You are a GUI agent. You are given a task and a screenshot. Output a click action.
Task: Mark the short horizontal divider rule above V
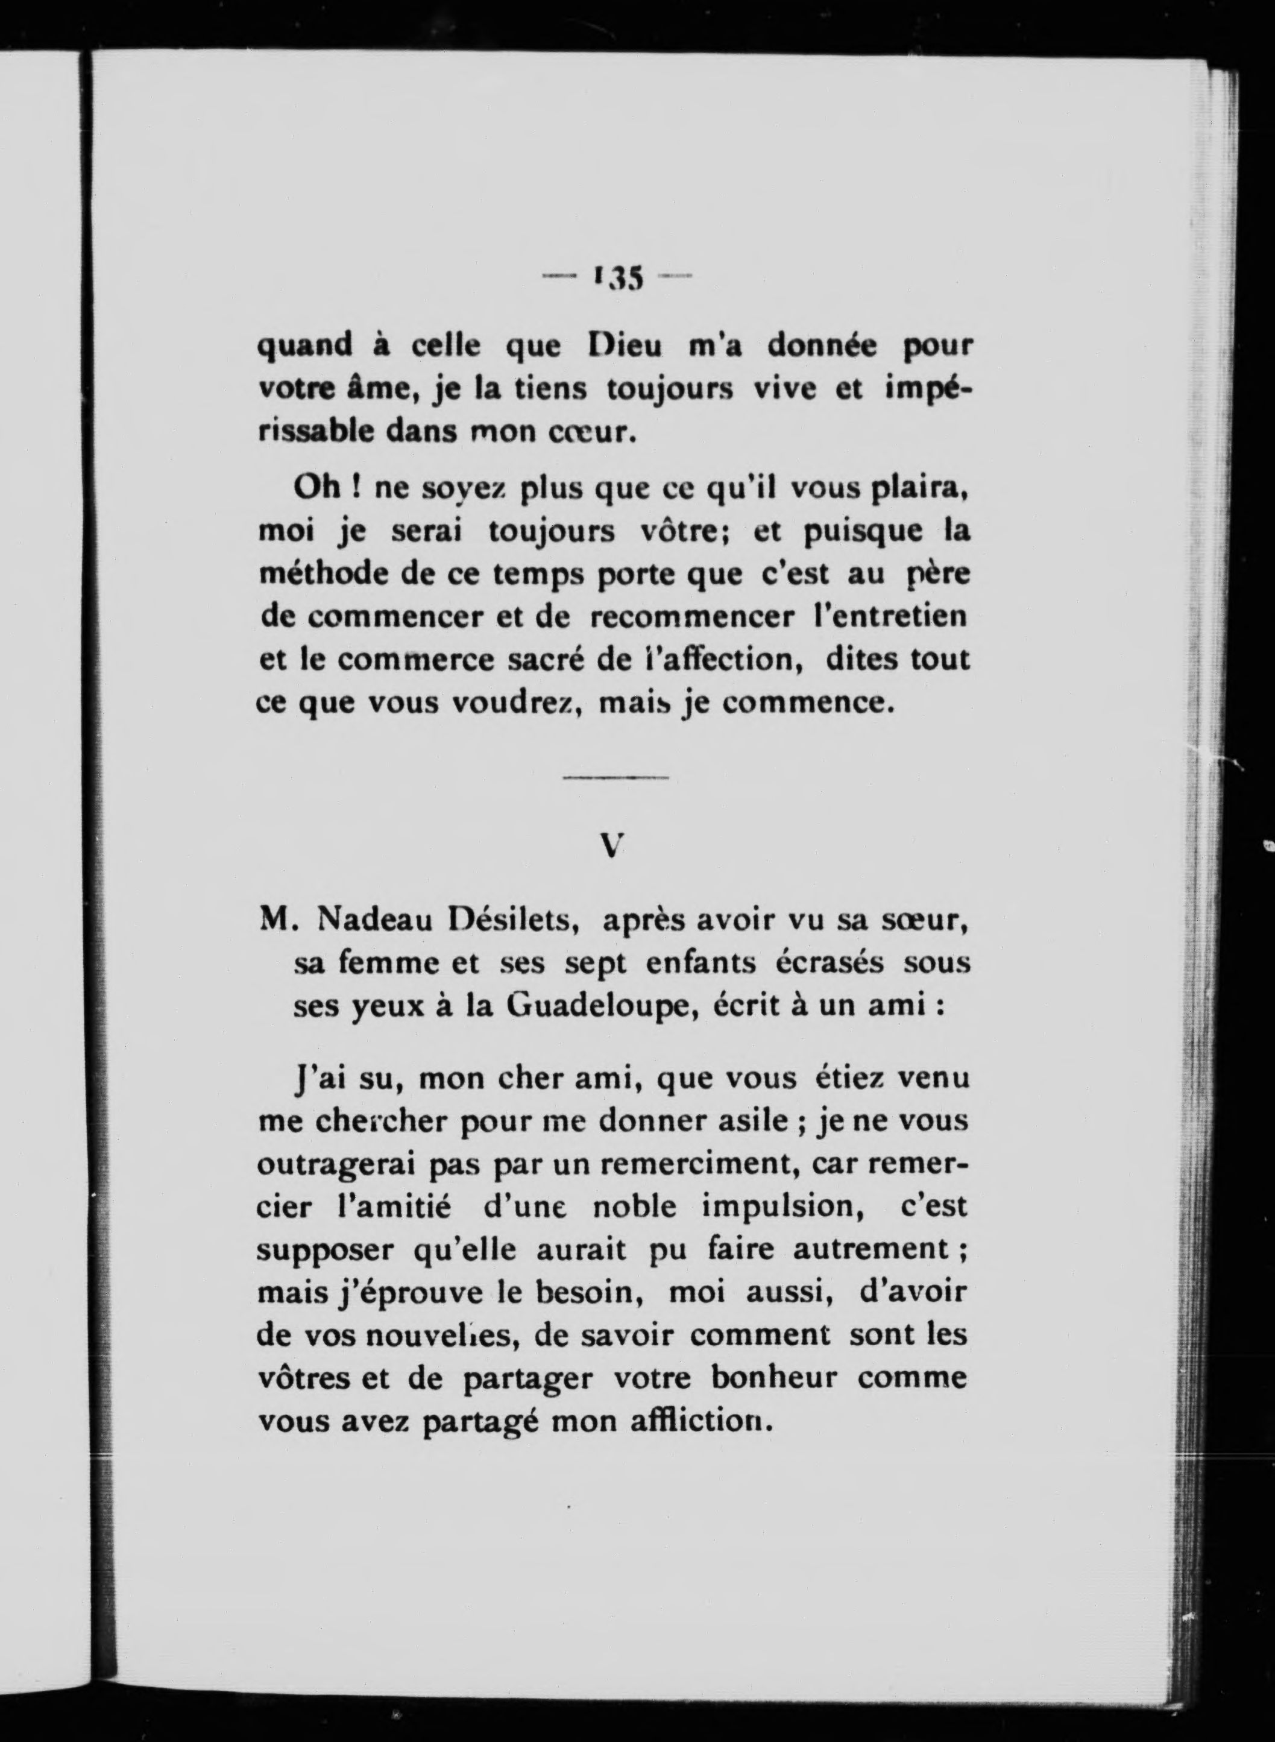pyautogui.click(x=615, y=777)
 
